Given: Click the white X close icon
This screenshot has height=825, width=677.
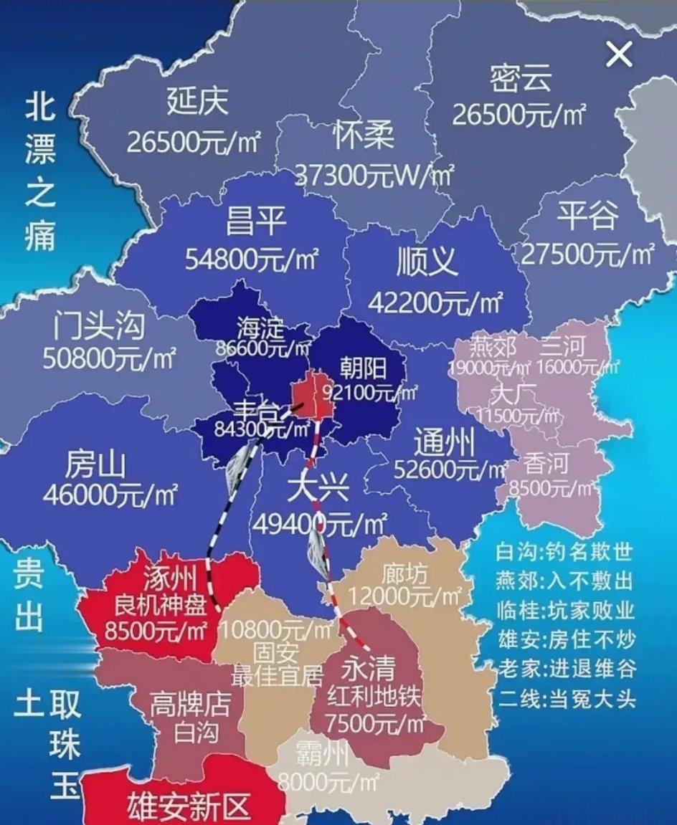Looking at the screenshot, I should pos(619,54).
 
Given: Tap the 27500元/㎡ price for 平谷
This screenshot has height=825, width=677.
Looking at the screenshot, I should pos(587,253).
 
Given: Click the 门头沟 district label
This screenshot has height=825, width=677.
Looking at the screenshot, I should pos(100,328).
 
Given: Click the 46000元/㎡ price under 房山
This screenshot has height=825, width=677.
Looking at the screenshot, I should pos(110,494).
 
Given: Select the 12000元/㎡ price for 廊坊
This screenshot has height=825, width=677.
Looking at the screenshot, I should pos(406,594).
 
